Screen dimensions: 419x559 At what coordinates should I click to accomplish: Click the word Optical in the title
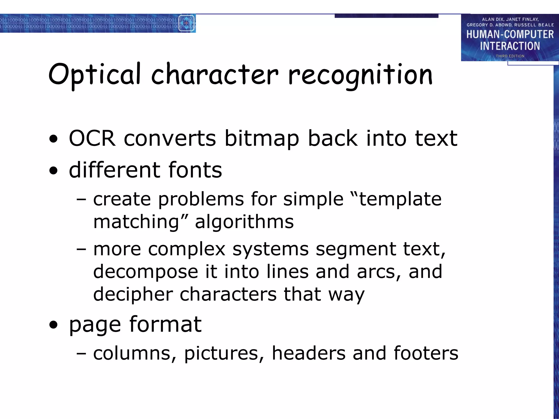tap(94, 74)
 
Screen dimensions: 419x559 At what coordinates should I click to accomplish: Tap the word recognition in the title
tap(360, 75)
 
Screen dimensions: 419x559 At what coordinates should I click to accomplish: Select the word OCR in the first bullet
tap(92, 138)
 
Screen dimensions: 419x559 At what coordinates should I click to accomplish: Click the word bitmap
tap(261, 139)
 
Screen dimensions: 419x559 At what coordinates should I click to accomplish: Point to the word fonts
tap(195, 170)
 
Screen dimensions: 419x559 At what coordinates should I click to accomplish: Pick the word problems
tap(201, 199)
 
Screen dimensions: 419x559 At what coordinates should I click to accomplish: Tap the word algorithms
tap(244, 222)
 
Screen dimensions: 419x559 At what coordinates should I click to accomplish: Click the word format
tap(165, 325)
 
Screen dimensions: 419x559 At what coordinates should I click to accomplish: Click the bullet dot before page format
tap(54, 325)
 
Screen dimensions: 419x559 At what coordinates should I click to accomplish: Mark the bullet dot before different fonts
tap(54, 171)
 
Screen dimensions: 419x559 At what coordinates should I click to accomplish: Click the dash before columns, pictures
tap(81, 354)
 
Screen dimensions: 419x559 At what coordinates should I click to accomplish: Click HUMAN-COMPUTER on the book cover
tap(510, 34)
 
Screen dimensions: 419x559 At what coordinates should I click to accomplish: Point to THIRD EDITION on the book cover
tap(510, 56)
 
